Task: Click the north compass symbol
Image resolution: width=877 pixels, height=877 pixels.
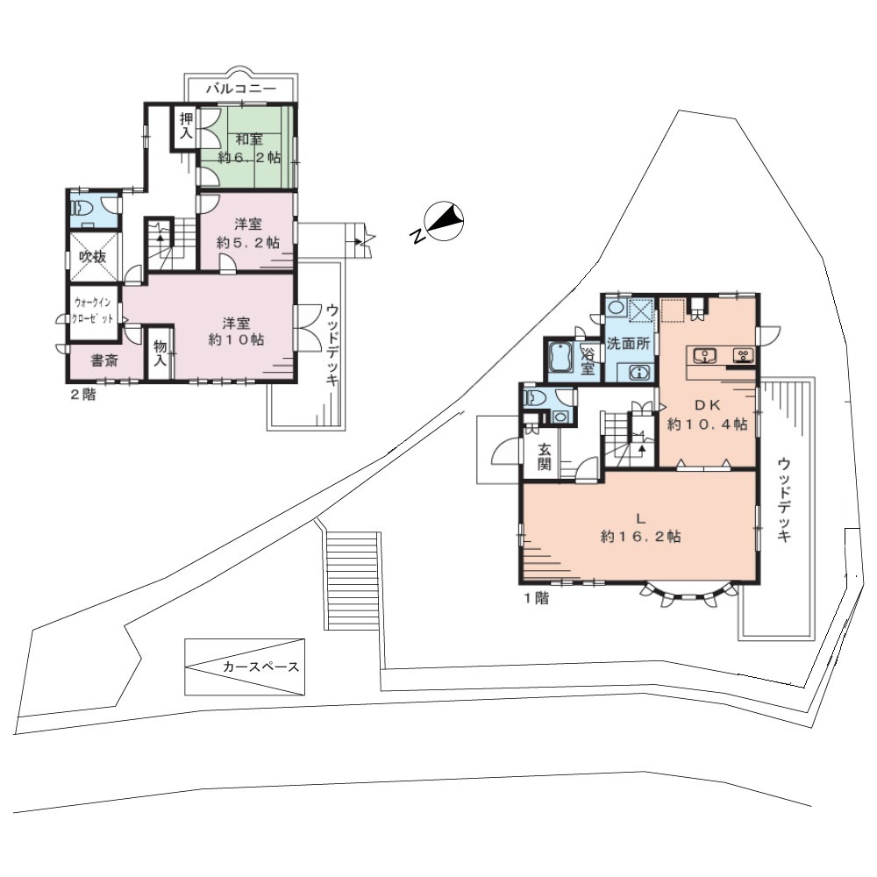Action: [445, 222]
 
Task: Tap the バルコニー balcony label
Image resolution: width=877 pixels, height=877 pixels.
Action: [241, 89]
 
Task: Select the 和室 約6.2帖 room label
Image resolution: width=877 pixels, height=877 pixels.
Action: [249, 147]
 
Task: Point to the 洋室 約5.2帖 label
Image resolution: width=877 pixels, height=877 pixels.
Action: [248, 233]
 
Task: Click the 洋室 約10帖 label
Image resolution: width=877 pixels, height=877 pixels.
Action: [236, 332]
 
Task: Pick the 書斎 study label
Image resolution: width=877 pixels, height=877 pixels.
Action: [104, 360]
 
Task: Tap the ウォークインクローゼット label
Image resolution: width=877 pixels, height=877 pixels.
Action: [93, 310]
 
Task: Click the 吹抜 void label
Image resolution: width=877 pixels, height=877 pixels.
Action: [92, 257]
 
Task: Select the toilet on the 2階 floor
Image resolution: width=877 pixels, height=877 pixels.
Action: [82, 208]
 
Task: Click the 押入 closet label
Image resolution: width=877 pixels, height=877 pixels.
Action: [186, 125]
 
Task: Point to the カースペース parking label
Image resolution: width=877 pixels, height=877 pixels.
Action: [261, 667]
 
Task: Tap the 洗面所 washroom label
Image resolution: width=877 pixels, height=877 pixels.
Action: [629, 344]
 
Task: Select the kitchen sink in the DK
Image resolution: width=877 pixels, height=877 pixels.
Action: [705, 355]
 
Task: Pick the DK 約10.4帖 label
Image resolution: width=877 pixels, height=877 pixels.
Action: [708, 415]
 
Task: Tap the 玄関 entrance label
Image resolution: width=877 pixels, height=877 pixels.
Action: [545, 456]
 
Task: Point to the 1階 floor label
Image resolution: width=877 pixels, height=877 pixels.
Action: [536, 598]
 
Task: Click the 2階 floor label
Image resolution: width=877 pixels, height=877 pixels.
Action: [82, 395]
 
